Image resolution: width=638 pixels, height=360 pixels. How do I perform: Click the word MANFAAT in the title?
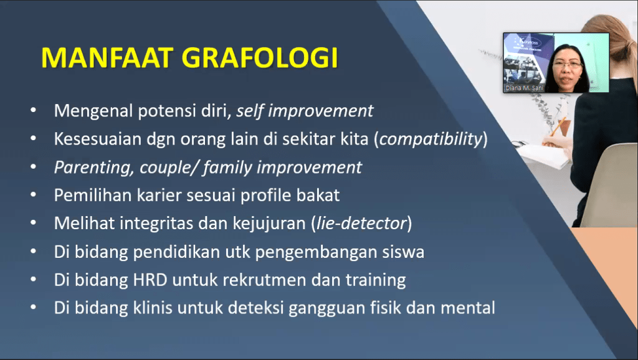click(x=107, y=58)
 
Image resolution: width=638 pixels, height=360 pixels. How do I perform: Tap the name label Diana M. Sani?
click(x=524, y=88)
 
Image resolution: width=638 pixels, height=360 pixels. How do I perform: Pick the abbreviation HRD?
click(x=150, y=280)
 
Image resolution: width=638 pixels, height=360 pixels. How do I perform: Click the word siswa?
click(x=403, y=252)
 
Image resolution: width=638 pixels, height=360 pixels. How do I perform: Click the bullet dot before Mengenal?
click(x=34, y=110)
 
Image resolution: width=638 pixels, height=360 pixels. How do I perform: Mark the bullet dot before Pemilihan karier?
click(x=34, y=195)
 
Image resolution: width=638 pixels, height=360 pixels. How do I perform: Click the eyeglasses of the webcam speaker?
click(x=567, y=64)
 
